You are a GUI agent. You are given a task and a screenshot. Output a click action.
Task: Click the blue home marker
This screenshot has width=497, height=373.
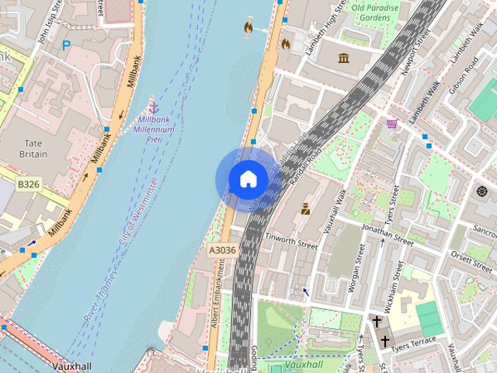click(x=248, y=180)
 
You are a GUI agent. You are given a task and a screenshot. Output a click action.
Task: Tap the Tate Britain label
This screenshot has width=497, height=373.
click(x=33, y=148)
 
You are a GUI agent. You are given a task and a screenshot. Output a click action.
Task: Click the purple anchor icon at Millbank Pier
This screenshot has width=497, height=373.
click(x=153, y=106)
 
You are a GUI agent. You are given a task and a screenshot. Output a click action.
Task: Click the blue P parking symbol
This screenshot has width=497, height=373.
click(x=67, y=46)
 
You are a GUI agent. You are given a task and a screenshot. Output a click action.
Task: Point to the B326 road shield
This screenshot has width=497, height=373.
click(x=28, y=184)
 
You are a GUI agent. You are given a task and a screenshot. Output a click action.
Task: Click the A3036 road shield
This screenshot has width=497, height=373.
click(x=221, y=250)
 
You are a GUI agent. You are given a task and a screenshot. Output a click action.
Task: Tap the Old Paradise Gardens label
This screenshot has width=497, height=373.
click(x=376, y=13)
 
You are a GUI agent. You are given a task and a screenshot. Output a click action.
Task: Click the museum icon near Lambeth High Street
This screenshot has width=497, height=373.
click(x=343, y=58)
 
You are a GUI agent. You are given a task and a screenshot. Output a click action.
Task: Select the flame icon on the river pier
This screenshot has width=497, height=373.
click(x=248, y=29)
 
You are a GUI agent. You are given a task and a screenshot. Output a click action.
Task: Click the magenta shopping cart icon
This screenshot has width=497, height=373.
click(x=392, y=123)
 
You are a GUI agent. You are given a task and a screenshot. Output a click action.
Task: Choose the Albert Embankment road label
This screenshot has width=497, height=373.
click(x=221, y=292)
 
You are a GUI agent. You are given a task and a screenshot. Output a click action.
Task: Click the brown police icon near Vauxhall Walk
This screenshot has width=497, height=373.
click(x=306, y=208)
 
